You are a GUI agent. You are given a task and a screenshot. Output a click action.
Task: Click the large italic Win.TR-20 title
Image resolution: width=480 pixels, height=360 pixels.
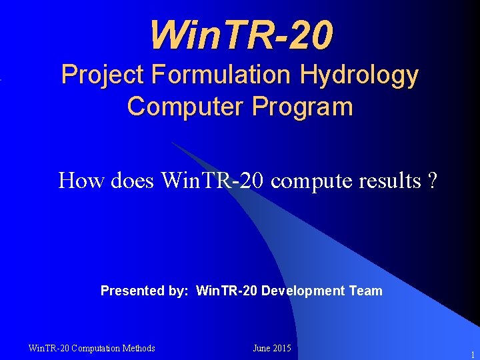(241, 35)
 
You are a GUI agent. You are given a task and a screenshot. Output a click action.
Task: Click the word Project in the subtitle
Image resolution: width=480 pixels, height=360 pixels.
(103, 75)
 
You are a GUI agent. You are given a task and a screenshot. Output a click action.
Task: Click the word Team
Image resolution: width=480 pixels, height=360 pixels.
(365, 291)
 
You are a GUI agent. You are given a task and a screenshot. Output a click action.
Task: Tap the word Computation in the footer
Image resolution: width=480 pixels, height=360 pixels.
(95, 348)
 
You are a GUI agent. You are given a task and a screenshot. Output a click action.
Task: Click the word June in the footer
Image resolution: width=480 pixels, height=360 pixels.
(262, 348)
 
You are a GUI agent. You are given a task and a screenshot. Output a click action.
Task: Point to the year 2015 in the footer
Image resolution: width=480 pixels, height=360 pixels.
(283, 348)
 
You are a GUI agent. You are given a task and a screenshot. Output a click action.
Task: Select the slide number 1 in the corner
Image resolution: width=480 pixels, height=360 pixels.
(472, 355)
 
